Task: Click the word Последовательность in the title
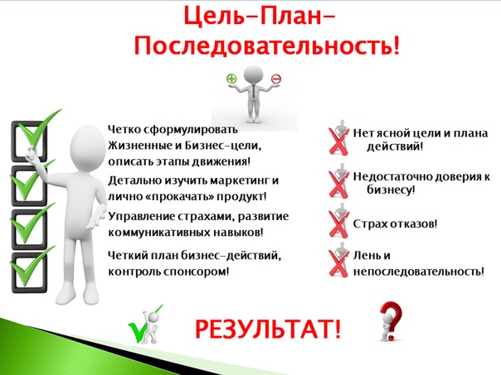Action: point(264,47)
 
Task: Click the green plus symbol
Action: point(231,79)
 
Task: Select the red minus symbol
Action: point(275,79)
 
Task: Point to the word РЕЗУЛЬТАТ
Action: point(264,329)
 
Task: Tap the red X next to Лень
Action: point(338,264)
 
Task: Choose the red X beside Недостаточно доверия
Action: point(338,184)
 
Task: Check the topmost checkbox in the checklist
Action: point(29,142)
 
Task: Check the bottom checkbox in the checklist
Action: point(29,272)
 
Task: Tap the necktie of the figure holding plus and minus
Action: point(253,92)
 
